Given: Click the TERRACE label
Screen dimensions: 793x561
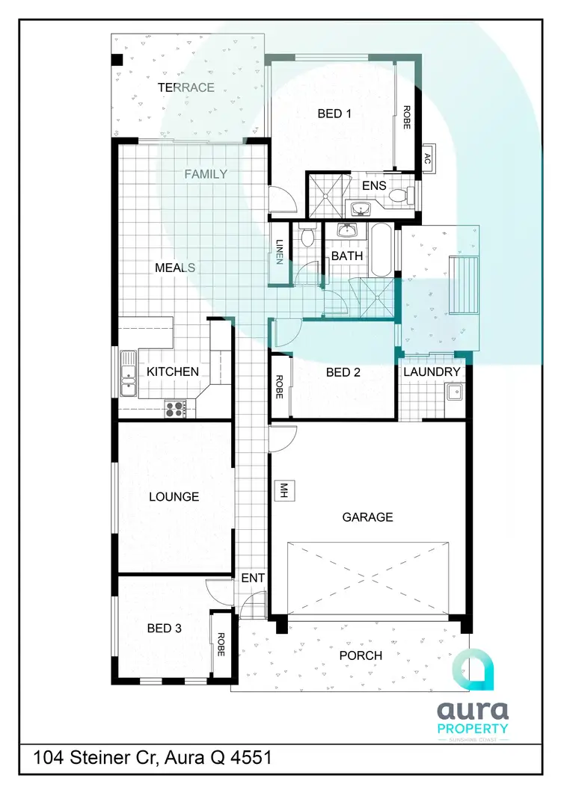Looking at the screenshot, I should click(186, 87).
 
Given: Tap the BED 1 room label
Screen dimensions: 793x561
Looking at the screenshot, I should click(334, 114).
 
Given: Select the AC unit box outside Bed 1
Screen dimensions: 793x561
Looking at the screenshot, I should click(428, 158).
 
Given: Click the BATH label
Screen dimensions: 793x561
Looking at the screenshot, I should click(347, 256).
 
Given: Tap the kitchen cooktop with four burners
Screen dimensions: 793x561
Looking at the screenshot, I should click(176, 408).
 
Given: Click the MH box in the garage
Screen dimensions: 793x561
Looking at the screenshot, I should click(283, 490).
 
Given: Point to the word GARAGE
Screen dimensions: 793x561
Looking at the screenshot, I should click(367, 516).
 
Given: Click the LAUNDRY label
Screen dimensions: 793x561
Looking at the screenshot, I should click(432, 371).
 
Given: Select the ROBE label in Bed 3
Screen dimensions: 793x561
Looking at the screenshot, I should click(221, 644).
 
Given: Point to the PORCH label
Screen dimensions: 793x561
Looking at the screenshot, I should click(361, 655).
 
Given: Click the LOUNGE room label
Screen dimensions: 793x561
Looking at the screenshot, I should click(174, 496).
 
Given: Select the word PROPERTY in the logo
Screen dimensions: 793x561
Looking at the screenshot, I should click(472, 727).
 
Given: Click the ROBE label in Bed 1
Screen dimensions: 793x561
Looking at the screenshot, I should click(407, 117).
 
